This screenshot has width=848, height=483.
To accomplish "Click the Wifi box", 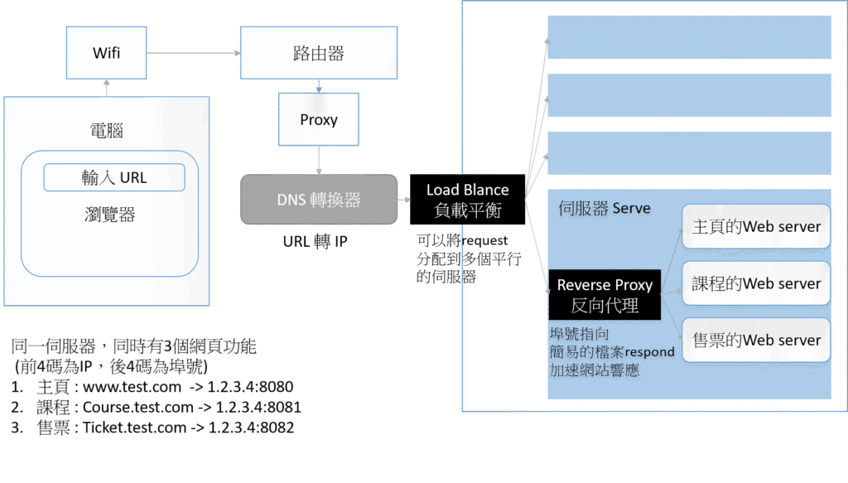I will click(x=106, y=53).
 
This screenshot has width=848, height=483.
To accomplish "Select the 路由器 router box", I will click(x=319, y=54).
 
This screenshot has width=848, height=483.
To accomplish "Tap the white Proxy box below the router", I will click(x=319, y=119).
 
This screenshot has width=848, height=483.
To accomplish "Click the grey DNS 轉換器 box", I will click(x=319, y=200).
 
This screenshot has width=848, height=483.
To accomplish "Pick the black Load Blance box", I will click(x=467, y=200).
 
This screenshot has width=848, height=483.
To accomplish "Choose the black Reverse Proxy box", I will click(x=605, y=295).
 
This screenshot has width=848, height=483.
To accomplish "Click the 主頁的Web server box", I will click(x=755, y=227).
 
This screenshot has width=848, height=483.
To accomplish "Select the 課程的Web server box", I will click(x=755, y=283).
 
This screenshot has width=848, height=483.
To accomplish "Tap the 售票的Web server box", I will click(x=755, y=340).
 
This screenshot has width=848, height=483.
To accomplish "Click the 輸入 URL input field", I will click(x=114, y=177).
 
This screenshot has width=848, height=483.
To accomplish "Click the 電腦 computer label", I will click(x=106, y=130).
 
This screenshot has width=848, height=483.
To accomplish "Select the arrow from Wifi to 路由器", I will click(x=194, y=54).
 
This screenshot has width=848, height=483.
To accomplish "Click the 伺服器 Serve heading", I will click(x=604, y=209).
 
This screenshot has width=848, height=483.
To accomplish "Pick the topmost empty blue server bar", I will click(x=689, y=38).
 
